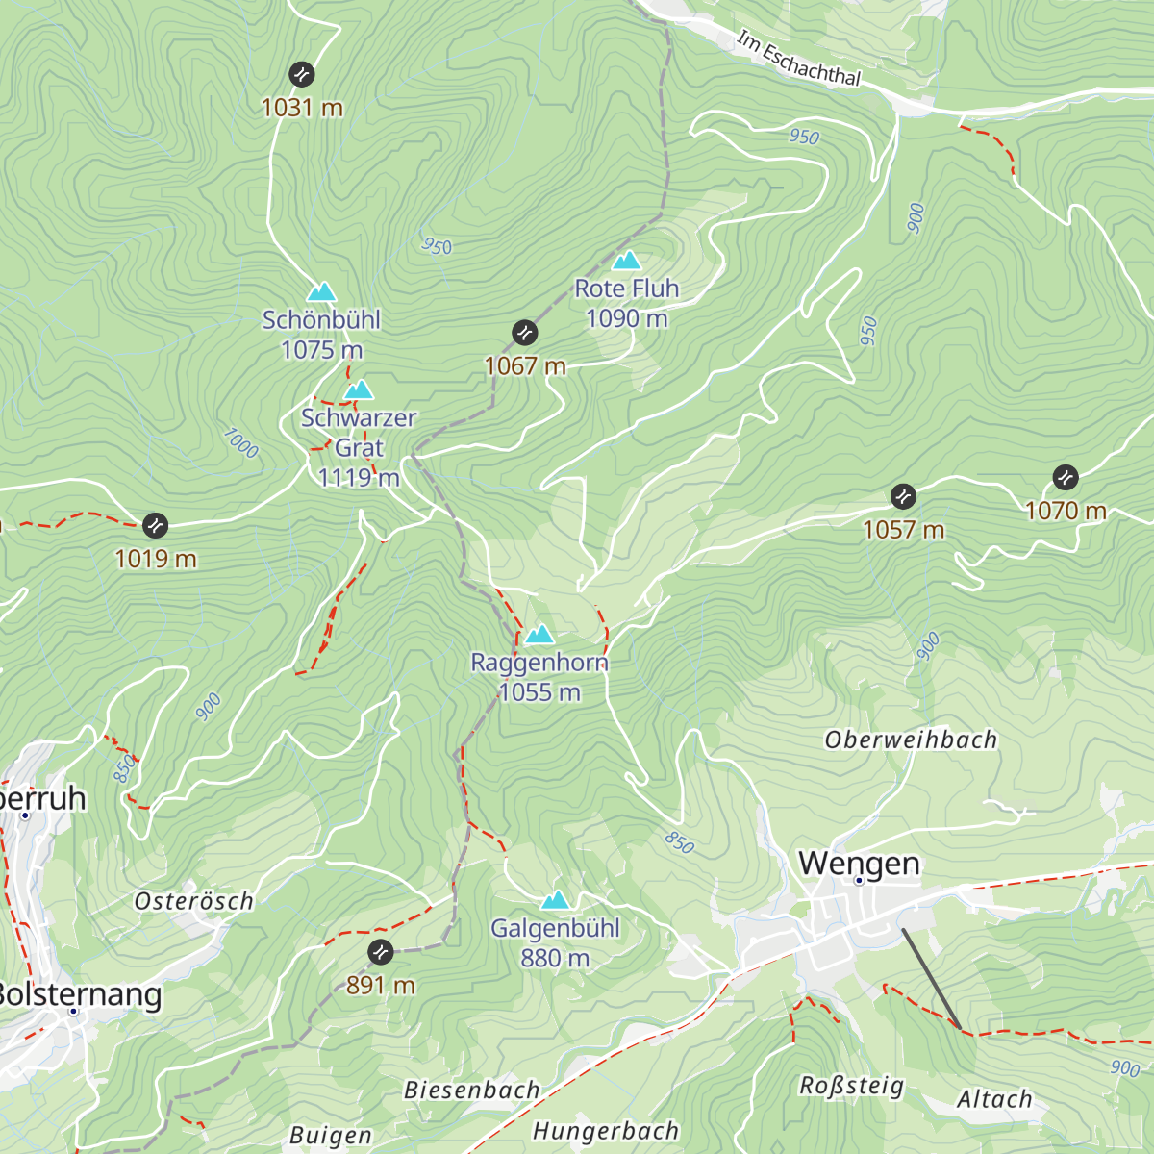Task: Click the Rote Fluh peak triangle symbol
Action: [x=627, y=261]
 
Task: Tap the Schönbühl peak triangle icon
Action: [x=321, y=291]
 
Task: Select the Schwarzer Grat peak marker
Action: [x=359, y=389]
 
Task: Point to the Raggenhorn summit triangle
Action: [x=539, y=634]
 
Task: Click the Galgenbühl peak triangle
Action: [x=555, y=900]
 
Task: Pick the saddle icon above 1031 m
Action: [x=302, y=73]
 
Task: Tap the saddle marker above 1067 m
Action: [x=524, y=333]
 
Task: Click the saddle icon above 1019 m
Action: [x=155, y=525]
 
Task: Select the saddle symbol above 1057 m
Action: [x=903, y=496]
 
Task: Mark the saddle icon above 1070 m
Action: [x=1066, y=477]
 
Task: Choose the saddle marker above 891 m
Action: [x=380, y=952]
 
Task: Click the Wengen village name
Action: [x=859, y=863]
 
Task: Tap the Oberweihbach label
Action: [x=911, y=740]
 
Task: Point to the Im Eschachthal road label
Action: [x=798, y=59]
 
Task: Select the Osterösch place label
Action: [x=194, y=901]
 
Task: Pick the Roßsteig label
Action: [x=852, y=1086]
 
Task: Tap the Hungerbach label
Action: [x=606, y=1131]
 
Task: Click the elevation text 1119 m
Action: [x=359, y=477]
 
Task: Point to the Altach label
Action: [x=994, y=1099]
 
